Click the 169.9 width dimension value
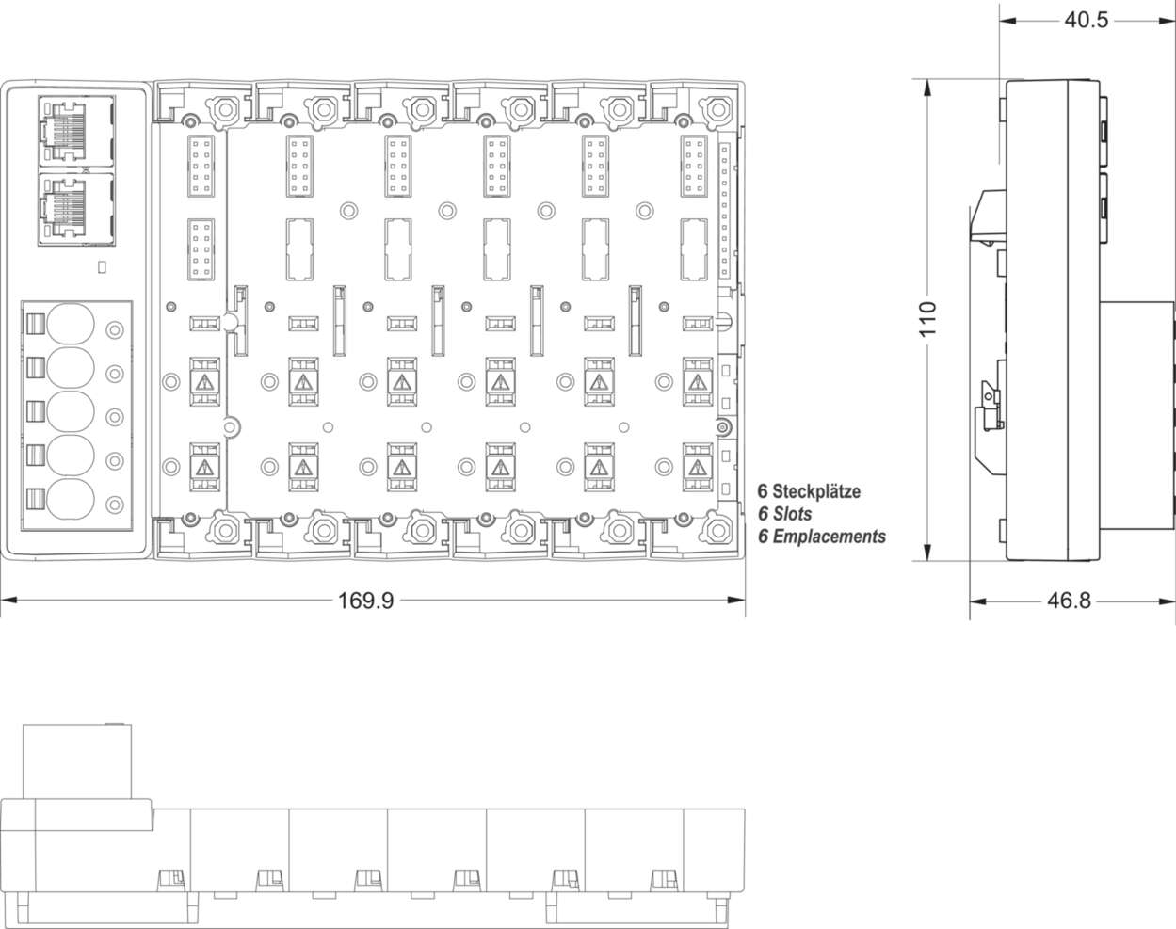point(365,601)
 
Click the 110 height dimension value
point(928,320)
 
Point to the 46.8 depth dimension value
point(1068,601)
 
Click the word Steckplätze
point(815,491)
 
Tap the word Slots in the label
point(792,514)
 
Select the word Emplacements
point(829,537)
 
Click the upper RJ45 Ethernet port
point(76,129)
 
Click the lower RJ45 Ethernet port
point(76,208)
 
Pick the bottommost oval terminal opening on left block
point(72,502)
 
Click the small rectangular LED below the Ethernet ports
point(102,267)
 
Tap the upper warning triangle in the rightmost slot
point(696,382)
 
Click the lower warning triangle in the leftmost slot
point(203,467)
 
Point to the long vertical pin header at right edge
point(724,211)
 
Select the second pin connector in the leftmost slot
point(201,248)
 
